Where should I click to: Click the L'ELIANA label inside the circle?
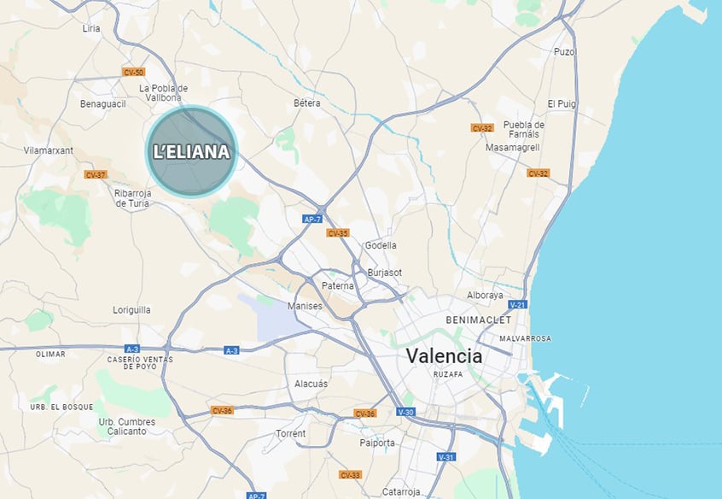191,152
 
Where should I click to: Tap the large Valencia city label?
444,355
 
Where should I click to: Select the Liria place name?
91,28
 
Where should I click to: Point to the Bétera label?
307,103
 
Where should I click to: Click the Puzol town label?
565,52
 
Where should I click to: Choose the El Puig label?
562,103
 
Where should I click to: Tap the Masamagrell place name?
512,147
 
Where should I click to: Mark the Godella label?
381,245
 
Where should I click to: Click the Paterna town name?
338,285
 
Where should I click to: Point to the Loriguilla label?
131,310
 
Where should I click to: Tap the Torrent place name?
290,433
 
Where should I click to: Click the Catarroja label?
402,491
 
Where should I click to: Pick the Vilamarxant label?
49,150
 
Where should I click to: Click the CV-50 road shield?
133,72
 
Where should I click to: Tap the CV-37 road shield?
96,174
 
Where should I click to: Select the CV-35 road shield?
337,232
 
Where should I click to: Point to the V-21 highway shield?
517,304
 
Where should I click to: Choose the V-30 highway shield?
405,413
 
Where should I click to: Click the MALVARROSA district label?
526,338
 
